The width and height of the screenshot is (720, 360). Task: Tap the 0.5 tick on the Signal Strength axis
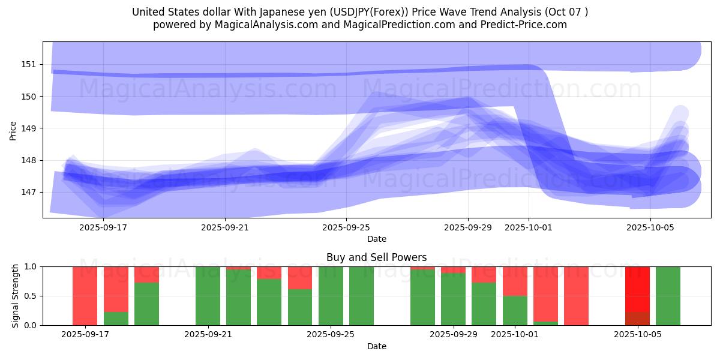point(30,296)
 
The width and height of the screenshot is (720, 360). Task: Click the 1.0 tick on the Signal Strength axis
point(30,266)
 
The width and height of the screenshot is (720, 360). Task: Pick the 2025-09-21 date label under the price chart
point(225,227)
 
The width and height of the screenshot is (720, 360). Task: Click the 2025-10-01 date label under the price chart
point(529,227)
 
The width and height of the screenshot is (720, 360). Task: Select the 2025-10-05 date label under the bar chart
point(637,334)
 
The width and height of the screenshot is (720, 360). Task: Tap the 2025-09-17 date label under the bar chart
point(85,334)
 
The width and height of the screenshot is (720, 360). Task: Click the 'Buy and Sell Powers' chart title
point(376,257)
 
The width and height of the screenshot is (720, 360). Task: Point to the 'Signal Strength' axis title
point(16,296)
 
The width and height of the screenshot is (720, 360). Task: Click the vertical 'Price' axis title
point(13,130)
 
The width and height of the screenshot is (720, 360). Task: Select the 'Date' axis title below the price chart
point(376,239)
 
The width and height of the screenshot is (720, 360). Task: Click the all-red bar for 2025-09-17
point(85,296)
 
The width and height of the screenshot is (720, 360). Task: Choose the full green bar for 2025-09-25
point(331,296)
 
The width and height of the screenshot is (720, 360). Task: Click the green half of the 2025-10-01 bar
point(515,311)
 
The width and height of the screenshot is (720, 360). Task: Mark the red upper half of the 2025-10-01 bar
point(515,281)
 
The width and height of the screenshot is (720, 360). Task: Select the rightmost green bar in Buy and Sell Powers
point(668,296)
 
